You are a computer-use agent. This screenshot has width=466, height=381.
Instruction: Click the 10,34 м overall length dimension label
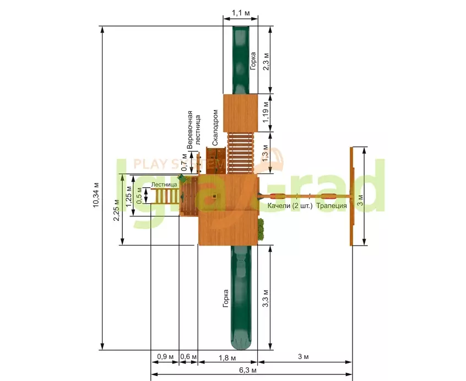96,195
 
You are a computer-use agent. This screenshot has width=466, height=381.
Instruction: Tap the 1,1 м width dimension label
240,13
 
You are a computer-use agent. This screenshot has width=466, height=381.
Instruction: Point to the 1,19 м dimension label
265,112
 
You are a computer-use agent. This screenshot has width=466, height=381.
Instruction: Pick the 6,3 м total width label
247,371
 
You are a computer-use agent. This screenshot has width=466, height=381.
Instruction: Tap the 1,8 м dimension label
227,358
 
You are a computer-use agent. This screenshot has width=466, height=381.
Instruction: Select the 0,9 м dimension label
165,356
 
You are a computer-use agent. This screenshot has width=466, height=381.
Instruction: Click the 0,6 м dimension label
188,356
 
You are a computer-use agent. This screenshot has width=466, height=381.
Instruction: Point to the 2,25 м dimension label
117,210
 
